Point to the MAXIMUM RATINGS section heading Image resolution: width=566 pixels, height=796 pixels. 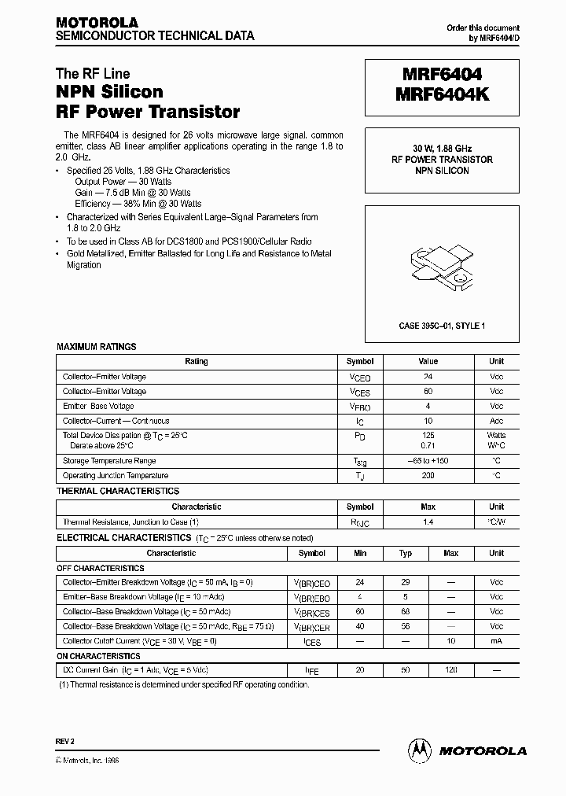[x=96, y=346]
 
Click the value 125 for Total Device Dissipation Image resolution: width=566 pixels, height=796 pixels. [x=428, y=435]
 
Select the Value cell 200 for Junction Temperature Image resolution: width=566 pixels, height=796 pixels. [x=428, y=476]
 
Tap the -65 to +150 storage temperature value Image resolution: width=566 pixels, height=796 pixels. [x=428, y=461]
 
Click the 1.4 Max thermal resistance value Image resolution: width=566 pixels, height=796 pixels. [x=428, y=521]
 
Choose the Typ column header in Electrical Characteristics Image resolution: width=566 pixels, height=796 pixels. [x=406, y=553]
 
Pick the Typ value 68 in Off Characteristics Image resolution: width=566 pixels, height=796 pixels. [x=406, y=612]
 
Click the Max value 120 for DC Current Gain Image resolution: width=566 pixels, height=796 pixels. [x=450, y=670]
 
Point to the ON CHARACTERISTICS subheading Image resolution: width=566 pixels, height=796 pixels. [x=98, y=656]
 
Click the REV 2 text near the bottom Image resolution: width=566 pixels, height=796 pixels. [x=64, y=743]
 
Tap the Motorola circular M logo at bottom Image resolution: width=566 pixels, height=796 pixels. [x=418, y=750]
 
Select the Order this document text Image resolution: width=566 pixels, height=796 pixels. [x=483, y=28]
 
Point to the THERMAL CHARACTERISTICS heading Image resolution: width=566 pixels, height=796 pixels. [x=118, y=491]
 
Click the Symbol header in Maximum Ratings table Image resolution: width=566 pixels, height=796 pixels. [x=360, y=362]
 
